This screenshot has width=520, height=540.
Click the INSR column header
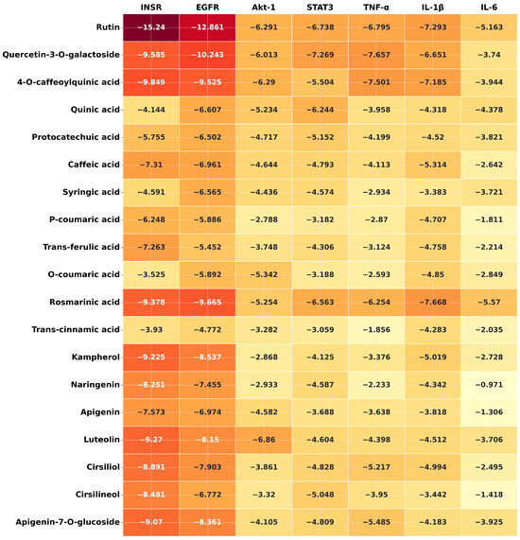pos(151,8)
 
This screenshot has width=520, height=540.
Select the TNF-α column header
pos(376,8)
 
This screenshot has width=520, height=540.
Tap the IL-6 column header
pos(489,8)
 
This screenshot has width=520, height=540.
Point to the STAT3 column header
pos(320,8)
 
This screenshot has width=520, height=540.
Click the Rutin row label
pos(108,27)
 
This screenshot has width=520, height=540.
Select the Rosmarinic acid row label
pos(84,302)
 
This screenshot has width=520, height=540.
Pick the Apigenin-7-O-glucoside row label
pos(67,522)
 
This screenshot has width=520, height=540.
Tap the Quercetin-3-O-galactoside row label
pos(61,55)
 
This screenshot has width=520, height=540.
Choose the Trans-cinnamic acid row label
pos(76,329)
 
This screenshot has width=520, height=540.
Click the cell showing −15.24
pos(151,27)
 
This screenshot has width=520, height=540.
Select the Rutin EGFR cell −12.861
pos(207,27)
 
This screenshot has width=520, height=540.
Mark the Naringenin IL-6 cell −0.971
pos(489,385)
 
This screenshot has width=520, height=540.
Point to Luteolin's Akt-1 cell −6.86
pos(264,440)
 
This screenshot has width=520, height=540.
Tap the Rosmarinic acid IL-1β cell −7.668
pos(432,303)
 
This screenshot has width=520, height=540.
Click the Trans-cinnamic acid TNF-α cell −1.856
pos(376,330)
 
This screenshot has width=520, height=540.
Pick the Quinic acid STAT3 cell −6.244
pos(320,110)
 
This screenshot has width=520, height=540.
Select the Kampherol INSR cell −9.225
pos(151,357)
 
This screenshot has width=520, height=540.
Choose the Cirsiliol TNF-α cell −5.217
pos(376,467)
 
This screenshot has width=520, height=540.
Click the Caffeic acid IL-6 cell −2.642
pos(489,165)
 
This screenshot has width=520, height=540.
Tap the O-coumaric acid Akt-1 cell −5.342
pos(264,275)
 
